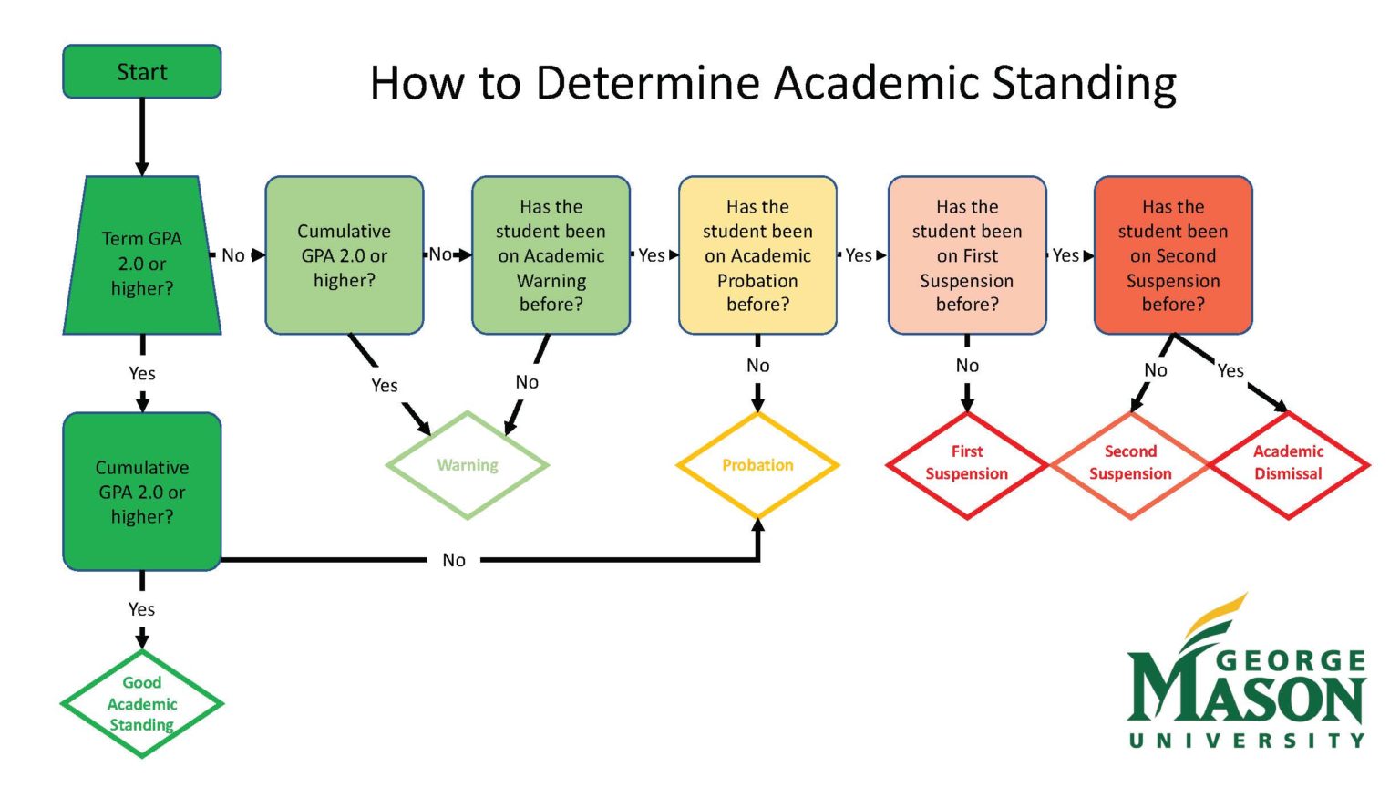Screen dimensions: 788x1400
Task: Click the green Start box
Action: [x=142, y=71]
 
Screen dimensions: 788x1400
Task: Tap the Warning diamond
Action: [x=468, y=465]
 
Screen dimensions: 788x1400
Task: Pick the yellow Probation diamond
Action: [x=757, y=465]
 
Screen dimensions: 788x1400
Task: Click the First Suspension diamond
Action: [x=967, y=463]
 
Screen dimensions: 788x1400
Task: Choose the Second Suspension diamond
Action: [x=1130, y=463]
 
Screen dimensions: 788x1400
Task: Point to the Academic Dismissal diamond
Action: [x=1288, y=463]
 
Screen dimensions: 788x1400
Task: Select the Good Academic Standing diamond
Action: [x=142, y=703]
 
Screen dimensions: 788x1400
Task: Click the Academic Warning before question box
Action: [x=551, y=255]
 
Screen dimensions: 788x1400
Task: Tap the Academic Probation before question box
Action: [x=757, y=255]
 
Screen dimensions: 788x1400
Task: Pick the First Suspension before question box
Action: [x=967, y=255]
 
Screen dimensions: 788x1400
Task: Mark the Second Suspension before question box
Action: [x=1173, y=255]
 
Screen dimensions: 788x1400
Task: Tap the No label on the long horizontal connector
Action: [x=454, y=560]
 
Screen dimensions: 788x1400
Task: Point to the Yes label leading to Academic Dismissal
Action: [x=1230, y=370]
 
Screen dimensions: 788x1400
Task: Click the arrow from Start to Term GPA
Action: [x=142, y=136]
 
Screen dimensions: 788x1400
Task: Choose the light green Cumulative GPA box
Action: [x=345, y=255]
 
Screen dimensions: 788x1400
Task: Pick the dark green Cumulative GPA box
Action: [x=142, y=492]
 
